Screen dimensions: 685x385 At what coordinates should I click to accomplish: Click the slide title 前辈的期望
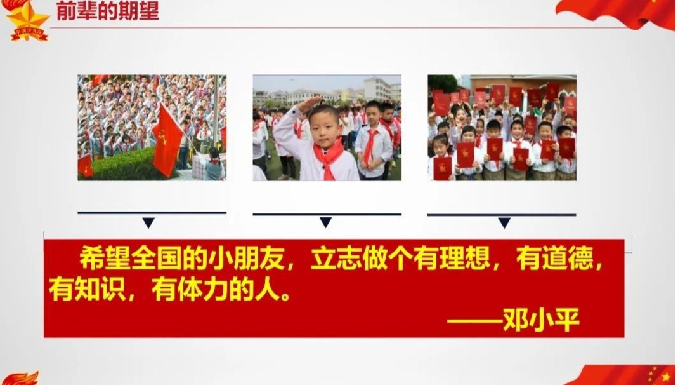(107, 11)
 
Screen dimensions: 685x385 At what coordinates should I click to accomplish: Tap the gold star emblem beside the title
(27, 20)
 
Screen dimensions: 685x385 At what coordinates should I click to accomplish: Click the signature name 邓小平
(541, 320)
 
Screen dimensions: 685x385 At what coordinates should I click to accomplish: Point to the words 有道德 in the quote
(555, 258)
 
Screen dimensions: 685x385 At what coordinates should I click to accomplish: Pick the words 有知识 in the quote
(88, 289)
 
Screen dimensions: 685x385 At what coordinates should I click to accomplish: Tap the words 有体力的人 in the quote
(216, 289)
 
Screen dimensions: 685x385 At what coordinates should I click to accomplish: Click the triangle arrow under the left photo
(148, 223)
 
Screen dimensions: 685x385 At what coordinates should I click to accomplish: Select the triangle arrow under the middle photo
(325, 222)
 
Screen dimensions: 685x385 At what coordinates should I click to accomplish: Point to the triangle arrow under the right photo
(504, 223)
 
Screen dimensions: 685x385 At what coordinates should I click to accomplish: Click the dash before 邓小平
(474, 321)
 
